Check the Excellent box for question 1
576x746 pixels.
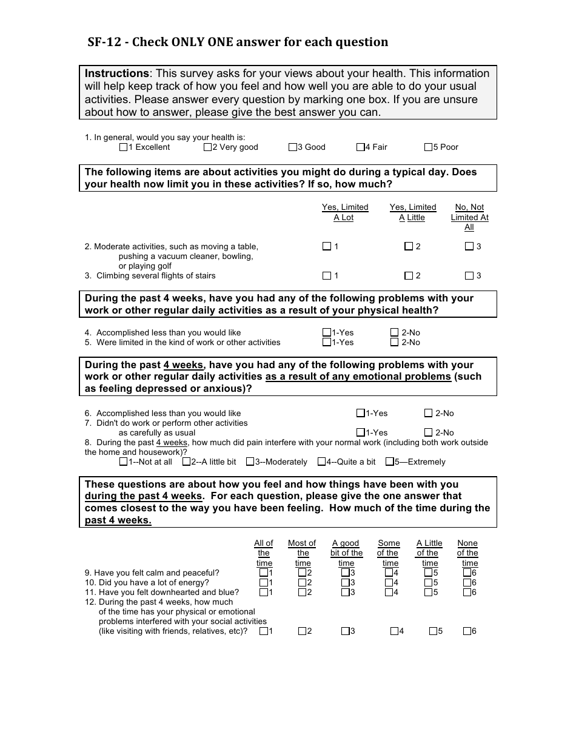(124, 147)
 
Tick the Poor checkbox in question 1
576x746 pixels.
(429, 147)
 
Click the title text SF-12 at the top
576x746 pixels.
(107, 42)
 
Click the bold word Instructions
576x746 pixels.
(116, 73)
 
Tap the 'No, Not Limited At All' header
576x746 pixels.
(469, 217)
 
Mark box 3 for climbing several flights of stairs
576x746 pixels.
(469, 275)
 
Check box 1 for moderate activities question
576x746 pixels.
(327, 246)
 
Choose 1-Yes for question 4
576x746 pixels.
(327, 332)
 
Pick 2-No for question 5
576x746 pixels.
(395, 342)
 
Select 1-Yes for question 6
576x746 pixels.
(361, 413)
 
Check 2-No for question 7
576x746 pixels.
(429, 432)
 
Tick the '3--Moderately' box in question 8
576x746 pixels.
(250, 462)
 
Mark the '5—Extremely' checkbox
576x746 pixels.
(390, 462)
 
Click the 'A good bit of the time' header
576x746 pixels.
(346, 553)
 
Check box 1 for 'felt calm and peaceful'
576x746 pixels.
(264, 573)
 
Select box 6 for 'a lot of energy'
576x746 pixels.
(467, 582)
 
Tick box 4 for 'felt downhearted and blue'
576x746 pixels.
(389, 592)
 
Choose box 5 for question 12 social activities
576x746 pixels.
(433, 631)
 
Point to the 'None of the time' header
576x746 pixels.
(467, 553)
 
